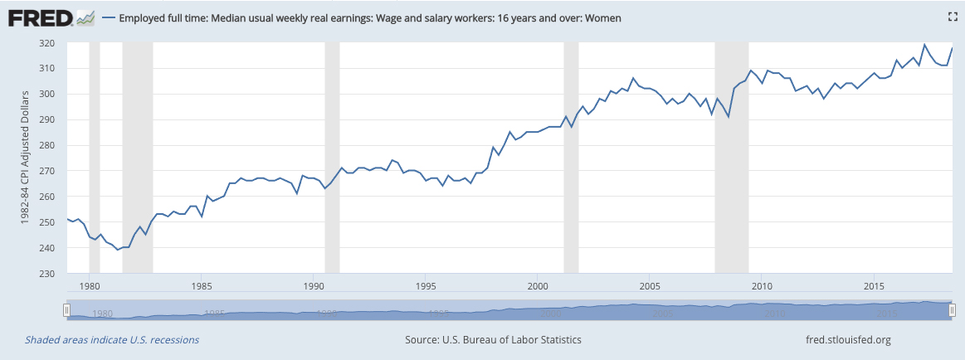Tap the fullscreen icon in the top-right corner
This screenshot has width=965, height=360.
pyautogui.click(x=953, y=17)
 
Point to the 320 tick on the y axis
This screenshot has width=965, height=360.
pyautogui.click(x=46, y=43)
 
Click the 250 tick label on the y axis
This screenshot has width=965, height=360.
pyautogui.click(x=46, y=222)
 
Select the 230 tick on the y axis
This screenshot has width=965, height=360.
pyautogui.click(x=46, y=274)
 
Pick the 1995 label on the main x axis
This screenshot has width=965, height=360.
pyautogui.click(x=425, y=285)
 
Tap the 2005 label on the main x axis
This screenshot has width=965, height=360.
pyautogui.click(x=649, y=285)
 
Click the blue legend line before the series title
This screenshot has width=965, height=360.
pyautogui.click(x=109, y=17)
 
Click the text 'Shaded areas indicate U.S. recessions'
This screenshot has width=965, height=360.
pyautogui.click(x=112, y=340)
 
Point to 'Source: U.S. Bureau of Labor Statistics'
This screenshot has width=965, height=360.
pyautogui.click(x=493, y=340)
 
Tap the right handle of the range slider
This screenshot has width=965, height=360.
pyautogui.click(x=953, y=309)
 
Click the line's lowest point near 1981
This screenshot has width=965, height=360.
pyautogui.click(x=118, y=249)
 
